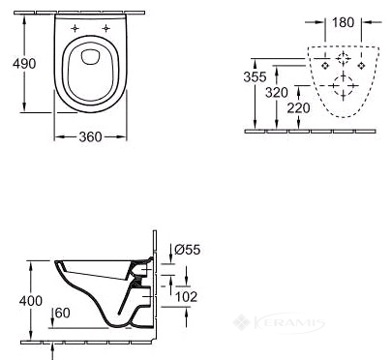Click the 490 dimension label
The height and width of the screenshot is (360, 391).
pos(24,64)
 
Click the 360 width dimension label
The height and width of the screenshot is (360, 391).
pos(90,137)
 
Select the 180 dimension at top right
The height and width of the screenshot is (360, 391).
pos(343,22)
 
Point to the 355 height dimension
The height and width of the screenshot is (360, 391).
pos(255,76)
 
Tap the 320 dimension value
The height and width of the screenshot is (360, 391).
pos(277,93)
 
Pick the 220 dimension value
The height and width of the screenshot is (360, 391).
pos(298,108)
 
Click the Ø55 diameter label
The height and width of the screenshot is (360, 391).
pos(188,250)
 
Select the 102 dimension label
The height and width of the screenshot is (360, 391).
pos(186,297)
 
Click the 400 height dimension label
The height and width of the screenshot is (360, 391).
pos(31,301)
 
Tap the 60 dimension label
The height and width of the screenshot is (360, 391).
pos(62,313)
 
